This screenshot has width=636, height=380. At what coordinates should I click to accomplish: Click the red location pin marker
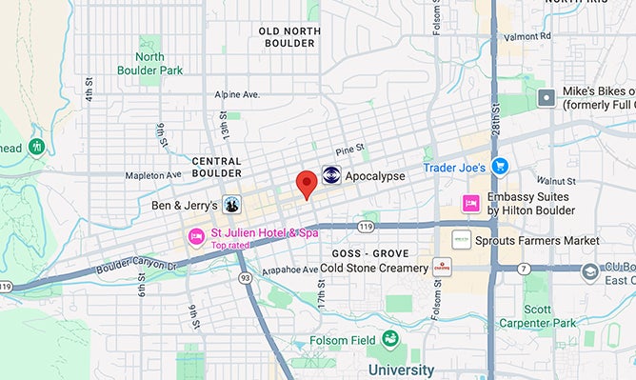coord(306,183)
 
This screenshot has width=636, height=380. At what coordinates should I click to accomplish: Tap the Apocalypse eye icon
coord(331,175)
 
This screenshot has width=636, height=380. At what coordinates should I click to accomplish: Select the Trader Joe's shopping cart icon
coord(501,167)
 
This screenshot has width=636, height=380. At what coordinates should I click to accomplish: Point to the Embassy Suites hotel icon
coord(470,203)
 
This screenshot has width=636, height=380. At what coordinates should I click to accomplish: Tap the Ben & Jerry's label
coord(185,205)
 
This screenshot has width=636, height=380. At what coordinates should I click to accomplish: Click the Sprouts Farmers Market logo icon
coord(462,241)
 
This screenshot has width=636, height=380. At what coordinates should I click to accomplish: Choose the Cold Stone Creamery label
coord(374,269)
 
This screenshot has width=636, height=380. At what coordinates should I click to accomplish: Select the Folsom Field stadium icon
coord(389,339)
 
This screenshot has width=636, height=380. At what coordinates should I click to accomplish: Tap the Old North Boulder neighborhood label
coord(289,37)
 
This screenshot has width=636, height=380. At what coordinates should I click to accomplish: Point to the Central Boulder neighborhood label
coord(216,168)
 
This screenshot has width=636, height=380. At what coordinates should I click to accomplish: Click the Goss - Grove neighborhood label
coord(370,253)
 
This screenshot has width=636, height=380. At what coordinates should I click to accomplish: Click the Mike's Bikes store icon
coord(547,97)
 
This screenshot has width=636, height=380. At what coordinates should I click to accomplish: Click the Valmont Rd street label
coord(530,37)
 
